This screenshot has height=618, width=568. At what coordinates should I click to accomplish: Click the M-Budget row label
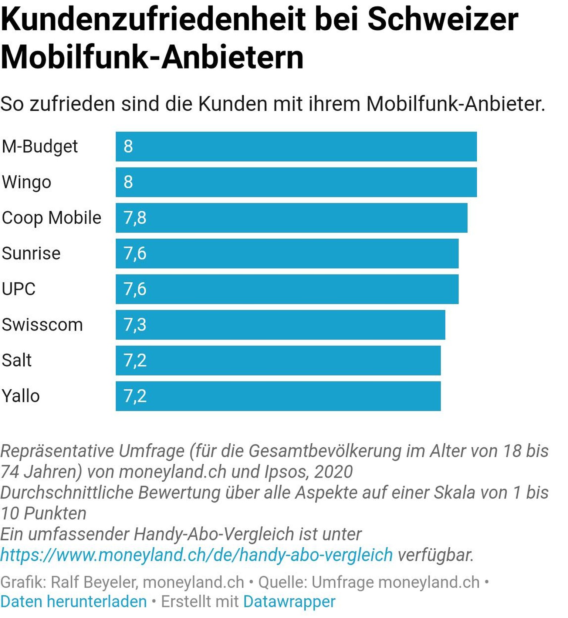pos(40,147)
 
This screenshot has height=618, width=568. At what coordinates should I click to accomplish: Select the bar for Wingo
pos(296,182)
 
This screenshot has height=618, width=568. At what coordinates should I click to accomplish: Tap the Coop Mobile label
pos(51,218)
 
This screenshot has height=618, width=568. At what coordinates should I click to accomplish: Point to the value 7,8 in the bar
pos(135,218)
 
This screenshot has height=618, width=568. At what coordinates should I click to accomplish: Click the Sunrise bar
pos(287,253)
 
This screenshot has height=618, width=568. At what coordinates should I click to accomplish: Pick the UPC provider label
pos(18,289)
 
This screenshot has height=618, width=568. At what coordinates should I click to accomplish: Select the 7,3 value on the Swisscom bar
pos(135,325)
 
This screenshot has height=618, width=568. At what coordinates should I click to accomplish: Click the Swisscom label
pos(42,325)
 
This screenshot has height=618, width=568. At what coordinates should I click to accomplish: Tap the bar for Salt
pos(278,360)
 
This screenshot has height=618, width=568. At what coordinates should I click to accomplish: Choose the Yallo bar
pos(278,396)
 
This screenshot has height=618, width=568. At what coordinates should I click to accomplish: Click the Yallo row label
pos(21,396)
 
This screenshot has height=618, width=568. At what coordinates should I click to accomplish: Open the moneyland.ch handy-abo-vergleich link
pos(196,555)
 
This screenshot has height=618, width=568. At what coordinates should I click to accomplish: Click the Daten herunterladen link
pos(74,601)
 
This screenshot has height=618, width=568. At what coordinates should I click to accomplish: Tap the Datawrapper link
pos(289,601)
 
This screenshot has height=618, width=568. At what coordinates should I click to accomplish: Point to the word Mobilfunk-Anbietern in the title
pos(152,57)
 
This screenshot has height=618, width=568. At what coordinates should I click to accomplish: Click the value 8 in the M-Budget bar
pos(128,147)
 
